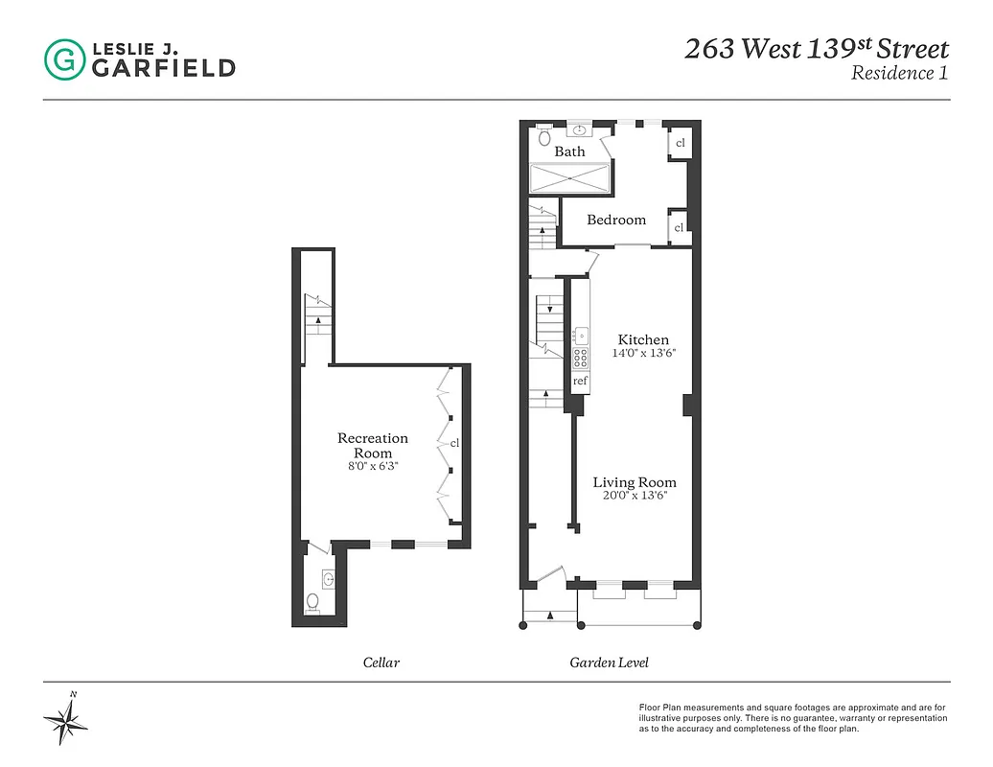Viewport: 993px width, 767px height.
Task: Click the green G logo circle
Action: click(64, 59)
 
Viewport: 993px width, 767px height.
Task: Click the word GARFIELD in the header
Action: click(162, 67)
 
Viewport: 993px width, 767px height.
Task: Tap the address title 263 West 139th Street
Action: click(816, 49)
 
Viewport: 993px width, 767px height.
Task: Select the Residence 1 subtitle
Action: click(899, 74)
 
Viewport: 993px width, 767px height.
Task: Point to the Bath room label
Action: click(569, 151)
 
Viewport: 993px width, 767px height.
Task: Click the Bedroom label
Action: click(616, 220)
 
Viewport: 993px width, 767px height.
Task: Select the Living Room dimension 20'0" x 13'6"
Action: click(634, 496)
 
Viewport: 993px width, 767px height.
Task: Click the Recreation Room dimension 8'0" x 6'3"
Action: click(372, 466)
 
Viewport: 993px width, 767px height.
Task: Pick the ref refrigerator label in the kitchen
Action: click(580, 381)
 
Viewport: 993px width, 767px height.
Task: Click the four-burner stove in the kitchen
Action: click(581, 359)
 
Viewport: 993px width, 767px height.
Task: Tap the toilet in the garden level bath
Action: click(544, 136)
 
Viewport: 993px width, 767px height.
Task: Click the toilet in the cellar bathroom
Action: click(312, 602)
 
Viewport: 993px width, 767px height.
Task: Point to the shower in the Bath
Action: click(569, 177)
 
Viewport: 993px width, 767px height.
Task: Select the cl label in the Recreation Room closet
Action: click(455, 443)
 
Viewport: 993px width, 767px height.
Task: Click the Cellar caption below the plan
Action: click(381, 662)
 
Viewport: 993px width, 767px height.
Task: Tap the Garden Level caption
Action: click(609, 662)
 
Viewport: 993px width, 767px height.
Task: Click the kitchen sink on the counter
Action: click(581, 336)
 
